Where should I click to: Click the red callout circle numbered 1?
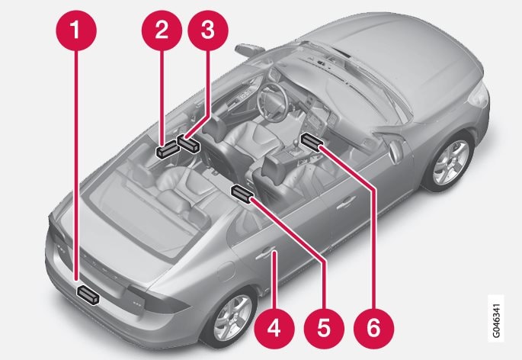pyautogui.click(x=76, y=30)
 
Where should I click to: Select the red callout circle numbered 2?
pyautogui.click(x=162, y=30)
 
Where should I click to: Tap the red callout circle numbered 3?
pyautogui.click(x=208, y=30)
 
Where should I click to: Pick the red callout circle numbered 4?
pyautogui.click(x=274, y=328)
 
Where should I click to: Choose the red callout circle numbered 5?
pyautogui.click(x=324, y=328)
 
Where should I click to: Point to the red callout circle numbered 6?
pyautogui.click(x=373, y=328)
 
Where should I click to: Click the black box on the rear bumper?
pyautogui.click(x=88, y=294)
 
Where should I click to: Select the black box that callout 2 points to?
pyautogui.click(x=168, y=149)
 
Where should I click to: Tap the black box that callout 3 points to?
pyautogui.click(x=188, y=143)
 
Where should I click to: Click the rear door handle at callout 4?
pyautogui.click(x=265, y=254)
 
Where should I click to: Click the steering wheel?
pyautogui.click(x=272, y=101)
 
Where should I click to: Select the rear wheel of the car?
pyautogui.click(x=232, y=319)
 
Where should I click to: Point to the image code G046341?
pyautogui.click(x=495, y=318)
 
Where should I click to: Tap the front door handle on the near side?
pyautogui.click(x=346, y=202)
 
